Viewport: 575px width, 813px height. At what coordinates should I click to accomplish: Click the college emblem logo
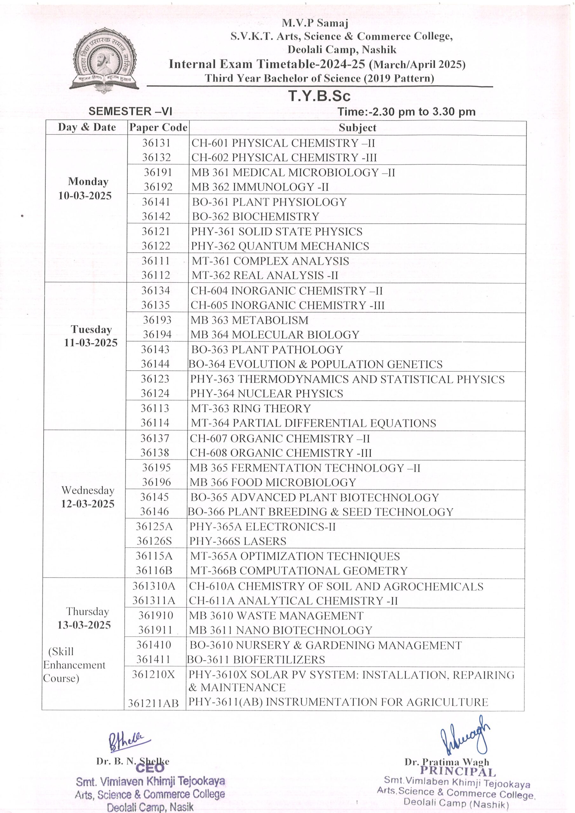104,60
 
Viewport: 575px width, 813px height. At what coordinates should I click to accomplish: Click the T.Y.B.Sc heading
319,96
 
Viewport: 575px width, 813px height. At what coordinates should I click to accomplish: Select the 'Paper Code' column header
158,127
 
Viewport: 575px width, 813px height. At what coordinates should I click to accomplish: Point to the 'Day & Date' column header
87,127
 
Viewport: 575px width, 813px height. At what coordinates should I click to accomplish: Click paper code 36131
156,143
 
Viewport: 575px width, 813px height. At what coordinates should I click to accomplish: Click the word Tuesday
91,329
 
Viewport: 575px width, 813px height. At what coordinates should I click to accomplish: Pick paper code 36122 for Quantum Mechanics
156,246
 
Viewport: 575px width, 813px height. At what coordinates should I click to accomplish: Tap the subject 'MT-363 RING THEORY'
251,408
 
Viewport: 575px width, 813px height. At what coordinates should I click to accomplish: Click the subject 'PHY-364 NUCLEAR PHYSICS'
267,393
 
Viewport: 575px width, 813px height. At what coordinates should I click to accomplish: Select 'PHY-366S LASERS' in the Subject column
238,541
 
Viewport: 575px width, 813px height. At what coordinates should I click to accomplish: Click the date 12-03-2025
87,504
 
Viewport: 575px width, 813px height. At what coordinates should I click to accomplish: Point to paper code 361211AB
153,703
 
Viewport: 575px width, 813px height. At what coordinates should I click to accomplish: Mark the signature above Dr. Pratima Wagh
464,736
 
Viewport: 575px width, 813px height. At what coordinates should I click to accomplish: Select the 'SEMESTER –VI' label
130,111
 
